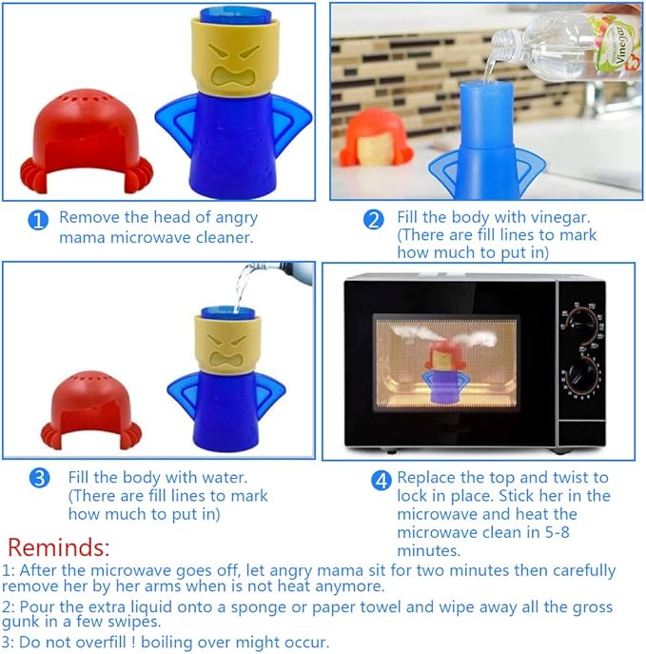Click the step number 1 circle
38,220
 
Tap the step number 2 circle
374,220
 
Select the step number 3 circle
40,478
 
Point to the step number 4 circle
382,481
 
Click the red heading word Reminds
58,547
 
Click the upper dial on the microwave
582,327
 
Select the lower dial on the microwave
582,376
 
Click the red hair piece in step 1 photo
87,142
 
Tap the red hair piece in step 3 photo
91,411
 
